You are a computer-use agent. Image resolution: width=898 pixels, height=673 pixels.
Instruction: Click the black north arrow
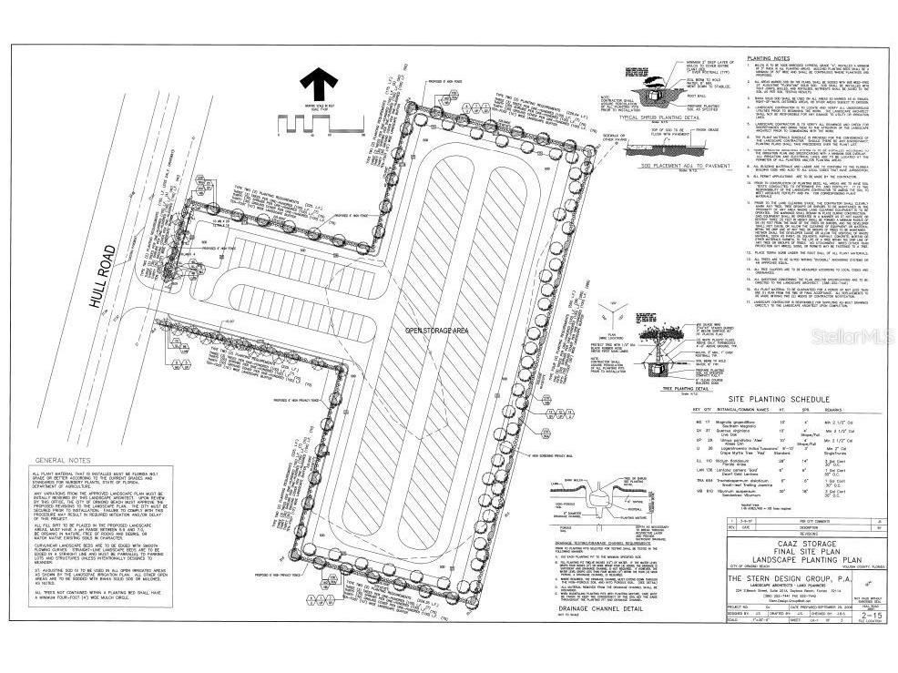tap(318, 86)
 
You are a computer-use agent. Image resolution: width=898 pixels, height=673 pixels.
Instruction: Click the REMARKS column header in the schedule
tap(852, 412)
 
